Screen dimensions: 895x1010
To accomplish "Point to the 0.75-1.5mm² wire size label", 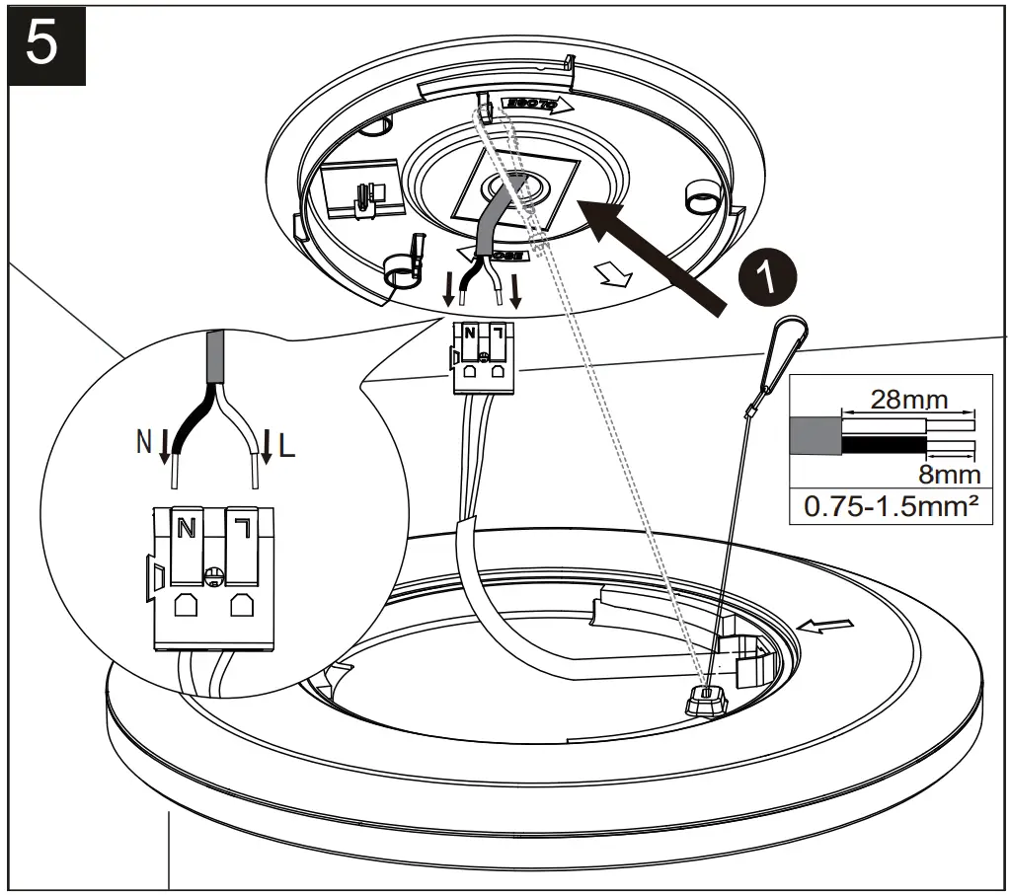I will (x=891, y=508).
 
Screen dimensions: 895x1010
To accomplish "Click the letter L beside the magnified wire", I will (x=286, y=446).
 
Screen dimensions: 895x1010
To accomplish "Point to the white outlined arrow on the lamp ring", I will (x=815, y=625).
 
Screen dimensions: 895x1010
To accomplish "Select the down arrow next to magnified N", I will (x=165, y=443).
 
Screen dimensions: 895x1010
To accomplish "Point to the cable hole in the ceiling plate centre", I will (x=515, y=186).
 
